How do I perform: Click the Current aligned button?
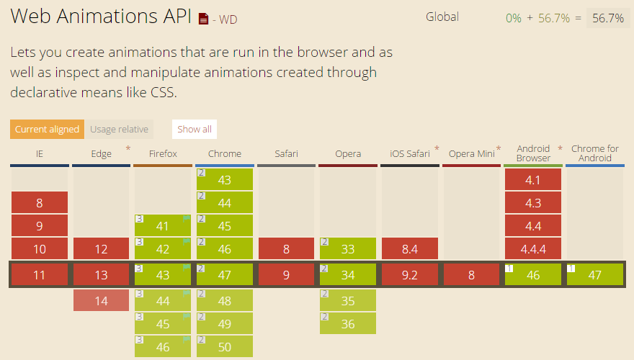tap(47, 130)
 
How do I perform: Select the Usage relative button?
tap(120, 130)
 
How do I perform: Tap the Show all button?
tap(195, 130)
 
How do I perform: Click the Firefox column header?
tap(163, 153)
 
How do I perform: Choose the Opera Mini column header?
tap(471, 153)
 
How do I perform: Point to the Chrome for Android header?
tap(595, 153)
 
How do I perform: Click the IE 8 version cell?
tap(40, 203)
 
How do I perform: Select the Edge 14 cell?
tap(101, 301)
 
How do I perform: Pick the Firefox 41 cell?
tap(163, 226)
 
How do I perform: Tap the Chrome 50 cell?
tap(225, 347)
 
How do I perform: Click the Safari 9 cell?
tap(287, 274)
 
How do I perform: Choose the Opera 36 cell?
tap(348, 324)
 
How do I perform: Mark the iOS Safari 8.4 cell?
tap(410, 249)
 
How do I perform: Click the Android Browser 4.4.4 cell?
tap(533, 249)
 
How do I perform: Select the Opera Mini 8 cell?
tap(471, 274)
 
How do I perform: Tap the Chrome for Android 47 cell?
tap(595, 274)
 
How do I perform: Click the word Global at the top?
tap(442, 17)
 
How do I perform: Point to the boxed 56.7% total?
tap(608, 19)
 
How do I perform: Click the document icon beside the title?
tap(203, 19)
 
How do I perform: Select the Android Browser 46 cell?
tap(533, 274)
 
